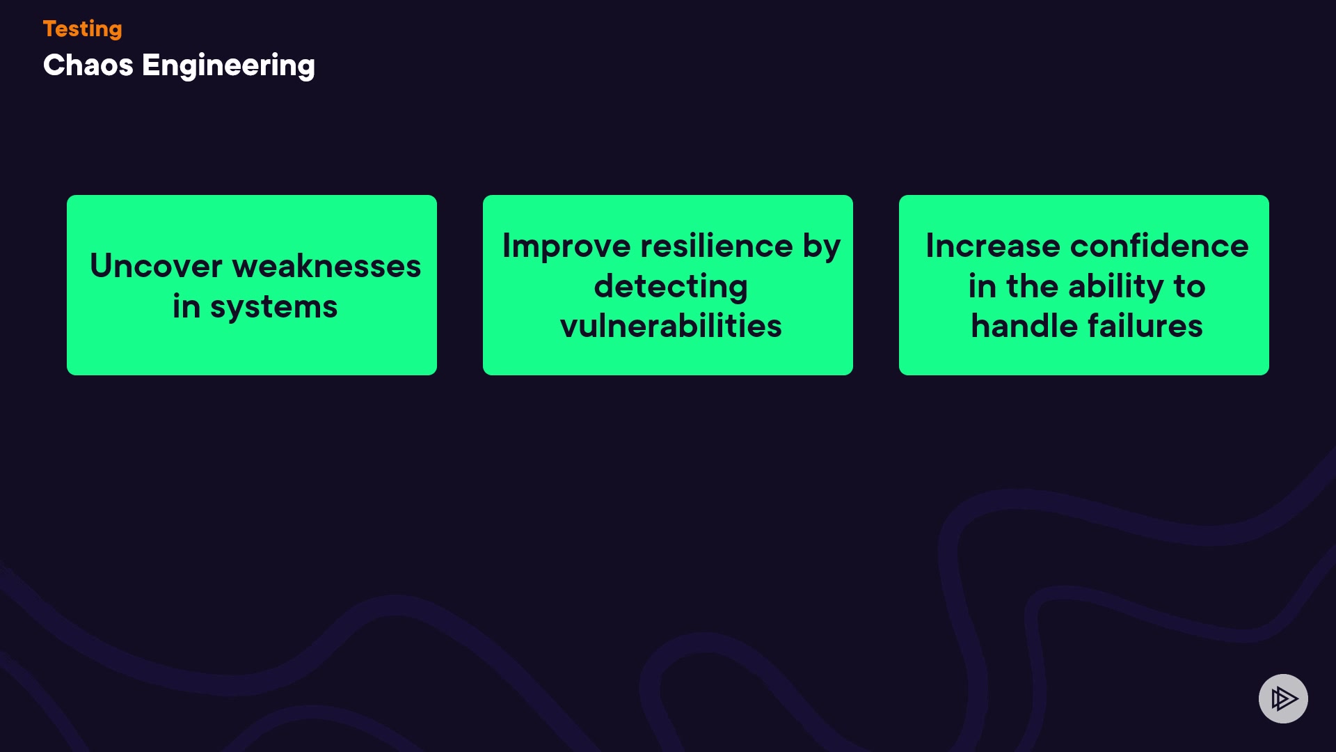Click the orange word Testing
click(82, 29)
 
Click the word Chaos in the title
click(88, 65)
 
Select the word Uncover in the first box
click(156, 266)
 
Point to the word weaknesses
click(326, 266)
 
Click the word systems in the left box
click(273, 308)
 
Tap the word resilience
click(717, 246)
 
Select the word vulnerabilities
click(671, 326)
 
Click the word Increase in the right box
click(993, 246)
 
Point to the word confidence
click(1159, 246)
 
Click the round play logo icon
click(1283, 698)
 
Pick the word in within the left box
click(186, 306)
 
